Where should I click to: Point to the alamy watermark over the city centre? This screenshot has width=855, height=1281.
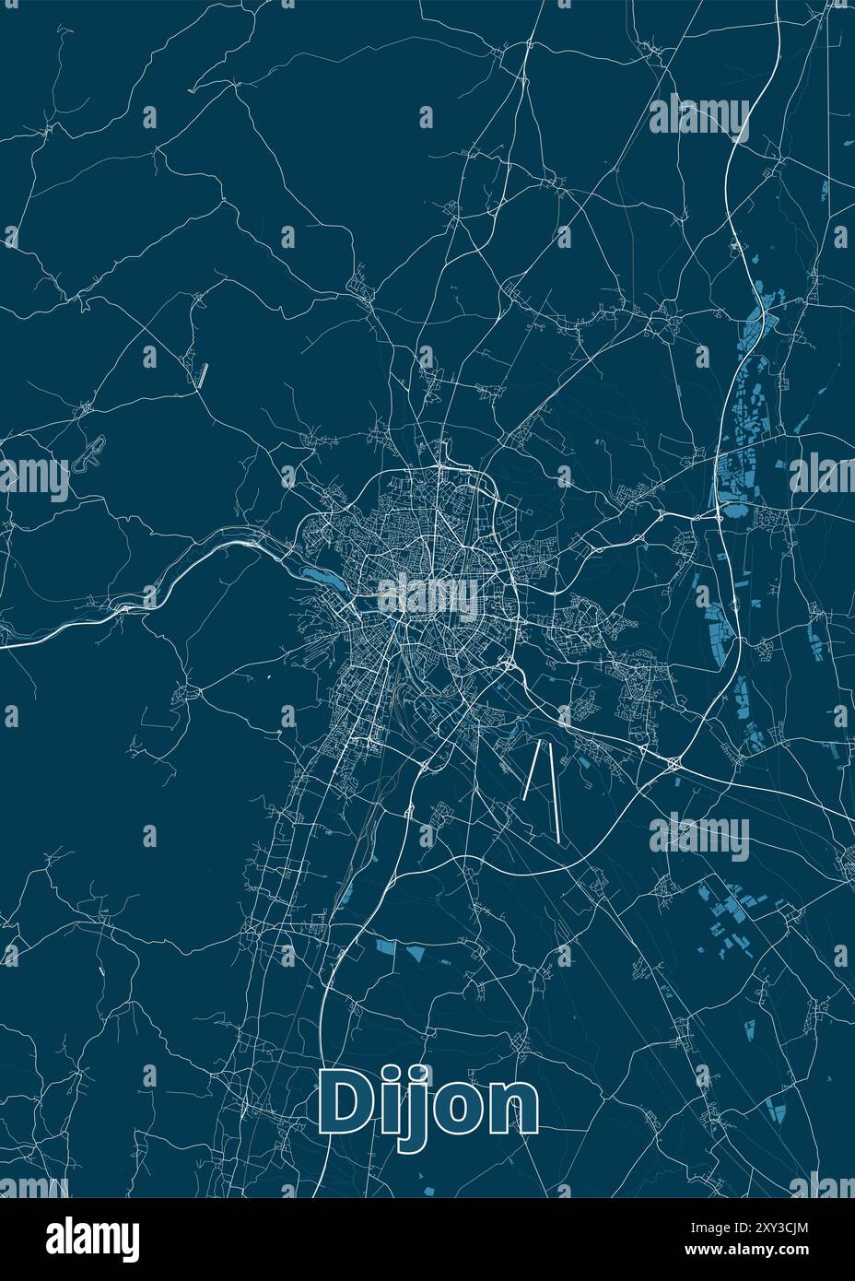(x=427, y=598)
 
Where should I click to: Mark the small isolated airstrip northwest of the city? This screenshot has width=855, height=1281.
(x=202, y=373)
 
